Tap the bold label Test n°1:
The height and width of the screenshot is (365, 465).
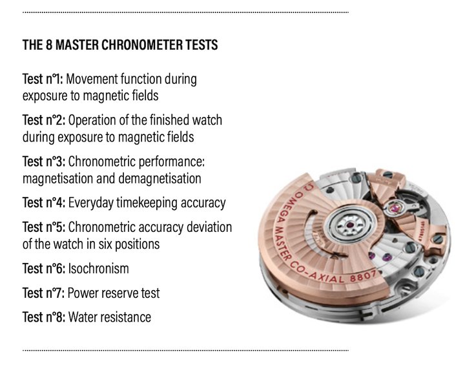click(43, 79)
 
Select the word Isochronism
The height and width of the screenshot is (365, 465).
click(98, 269)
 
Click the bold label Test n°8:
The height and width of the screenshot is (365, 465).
click(44, 317)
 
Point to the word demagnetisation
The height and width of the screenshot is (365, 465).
click(160, 179)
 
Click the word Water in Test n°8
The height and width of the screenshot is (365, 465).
click(82, 317)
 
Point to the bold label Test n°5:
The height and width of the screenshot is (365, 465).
click(44, 227)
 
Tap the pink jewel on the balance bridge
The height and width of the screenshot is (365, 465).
click(395, 208)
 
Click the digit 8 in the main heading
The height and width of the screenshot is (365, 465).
click(49, 45)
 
